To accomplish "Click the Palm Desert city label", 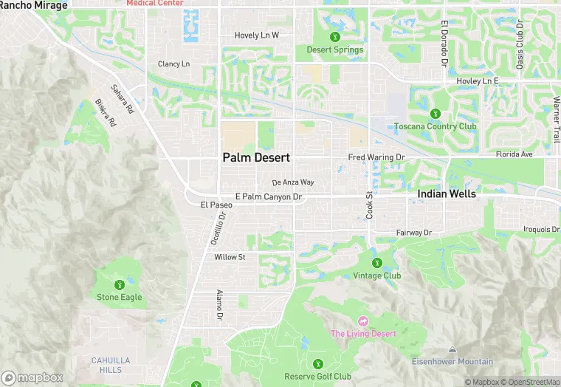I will click(x=256, y=158).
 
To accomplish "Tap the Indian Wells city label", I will click(x=447, y=193).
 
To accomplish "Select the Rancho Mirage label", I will click(x=33, y=5).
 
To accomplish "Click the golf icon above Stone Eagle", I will click(x=119, y=285).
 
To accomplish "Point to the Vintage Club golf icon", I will click(x=376, y=263).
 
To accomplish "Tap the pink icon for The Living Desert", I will click(x=362, y=321).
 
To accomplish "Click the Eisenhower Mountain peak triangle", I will click(x=452, y=349).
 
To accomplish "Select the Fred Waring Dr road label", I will click(x=376, y=157).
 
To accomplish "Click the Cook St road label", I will click(x=369, y=205).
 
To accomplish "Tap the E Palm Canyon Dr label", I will click(x=269, y=196).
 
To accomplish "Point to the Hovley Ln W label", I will click(x=256, y=35).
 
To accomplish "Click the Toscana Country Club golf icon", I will click(x=435, y=114).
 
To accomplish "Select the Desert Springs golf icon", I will click(x=335, y=37).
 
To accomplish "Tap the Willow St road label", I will click(x=229, y=257).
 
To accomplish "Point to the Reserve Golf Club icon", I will click(x=318, y=363).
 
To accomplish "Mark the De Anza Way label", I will click(x=293, y=182).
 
